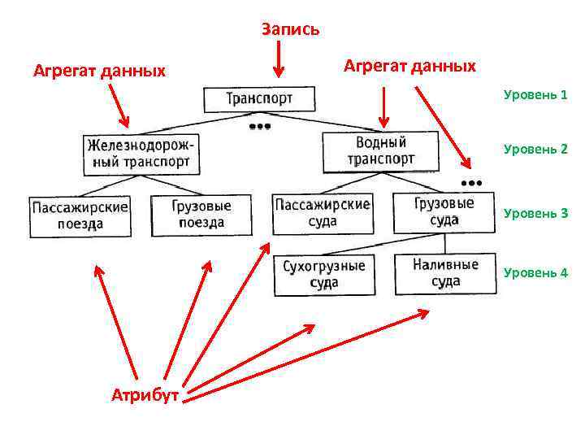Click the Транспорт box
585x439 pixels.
point(258,99)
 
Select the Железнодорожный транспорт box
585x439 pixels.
point(141,152)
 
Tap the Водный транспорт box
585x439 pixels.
point(380,151)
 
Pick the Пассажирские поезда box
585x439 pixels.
point(80,216)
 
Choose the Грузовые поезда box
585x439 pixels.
point(201,215)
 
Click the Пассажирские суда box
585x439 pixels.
point(322,213)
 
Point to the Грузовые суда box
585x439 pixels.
point(444,211)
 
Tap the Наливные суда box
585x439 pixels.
point(445,273)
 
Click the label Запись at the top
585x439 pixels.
point(290,29)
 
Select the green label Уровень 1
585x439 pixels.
point(535,95)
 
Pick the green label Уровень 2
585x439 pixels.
point(535,149)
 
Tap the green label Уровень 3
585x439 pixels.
point(535,214)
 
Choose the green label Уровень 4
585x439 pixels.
point(535,272)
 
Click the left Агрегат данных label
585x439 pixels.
point(99,71)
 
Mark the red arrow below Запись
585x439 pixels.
point(279,59)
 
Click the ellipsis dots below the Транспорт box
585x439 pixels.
point(259,127)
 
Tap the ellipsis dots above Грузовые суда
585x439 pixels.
point(471,180)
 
